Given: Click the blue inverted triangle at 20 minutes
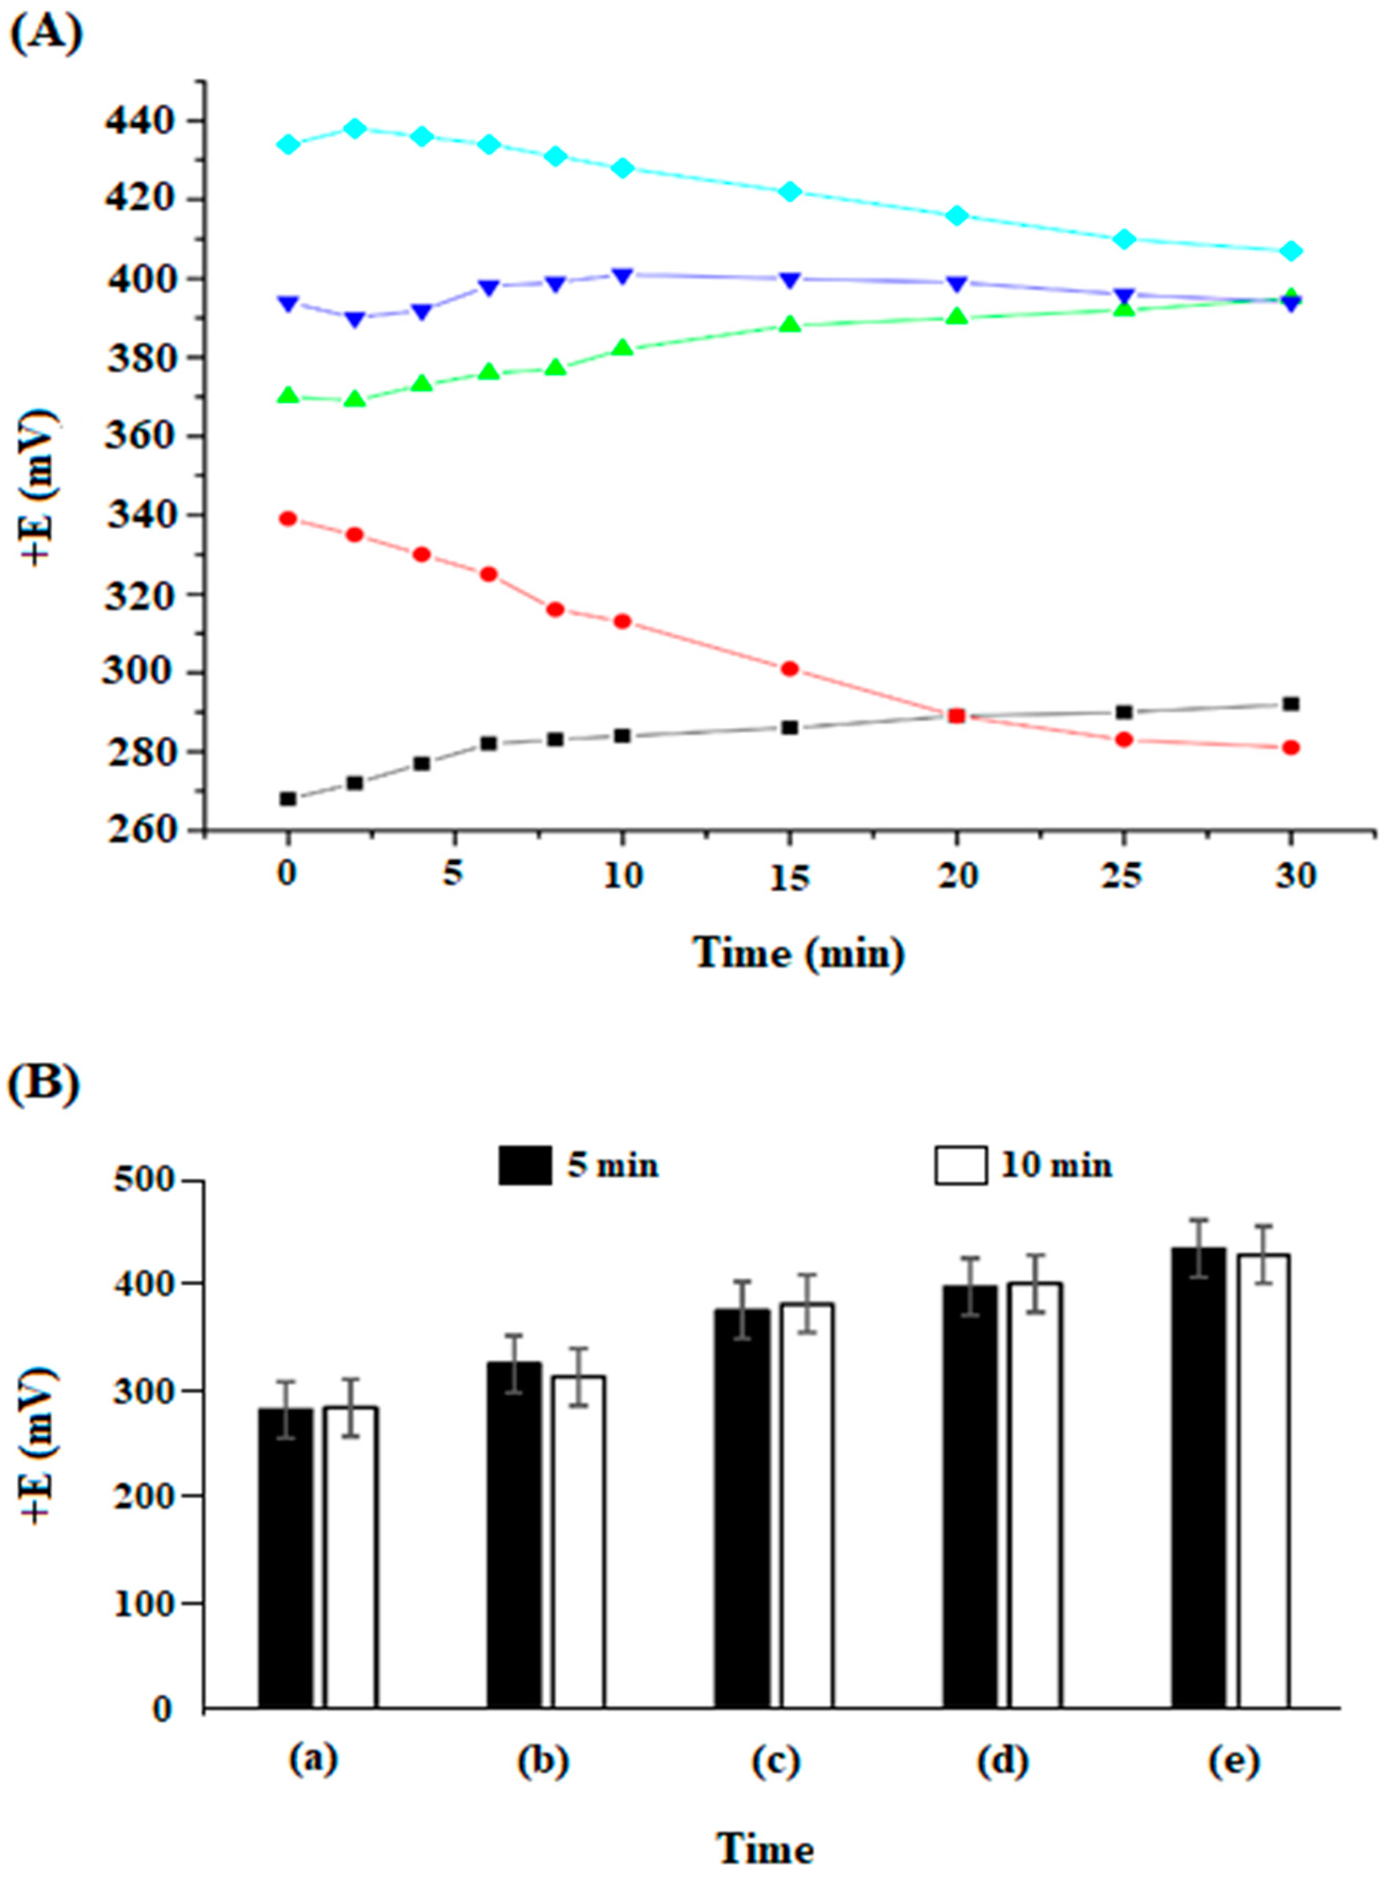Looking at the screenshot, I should click(956, 283).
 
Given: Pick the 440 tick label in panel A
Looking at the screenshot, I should click(140, 121).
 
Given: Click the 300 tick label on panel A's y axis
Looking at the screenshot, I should click(140, 672).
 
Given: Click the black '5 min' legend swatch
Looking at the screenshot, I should click(525, 1165).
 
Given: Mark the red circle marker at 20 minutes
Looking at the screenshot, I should click(956, 716).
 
